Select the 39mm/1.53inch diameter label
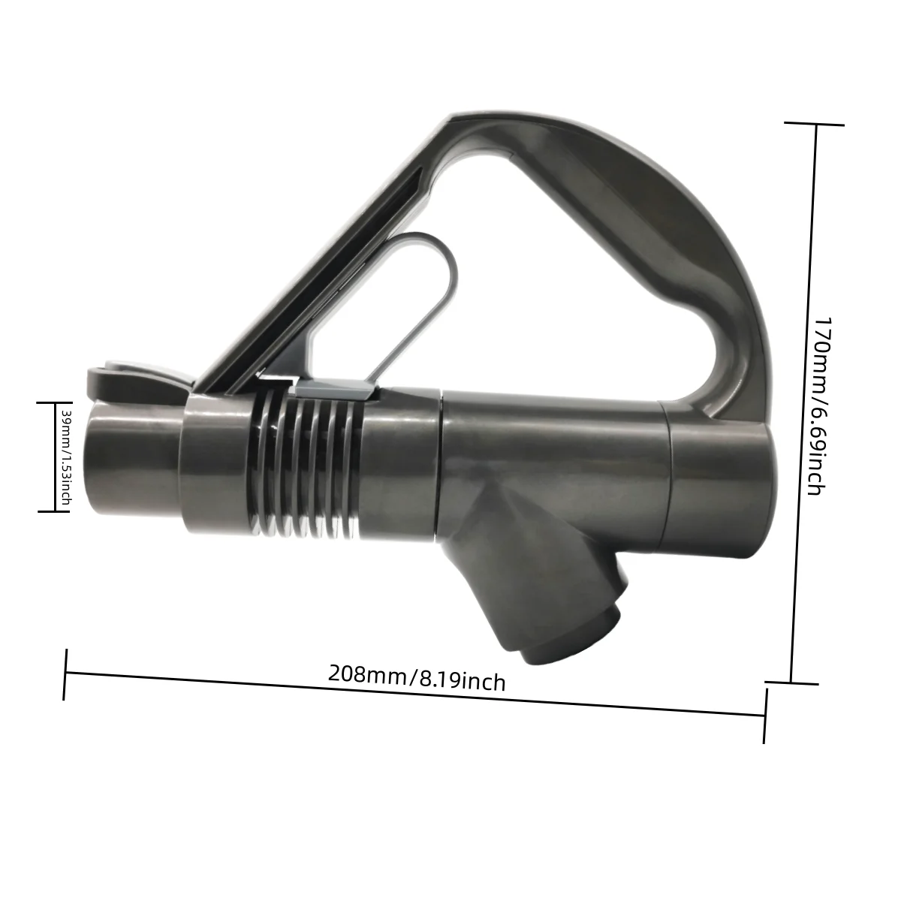pyautogui.click(x=65, y=457)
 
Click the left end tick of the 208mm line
pyautogui.click(x=66, y=674)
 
